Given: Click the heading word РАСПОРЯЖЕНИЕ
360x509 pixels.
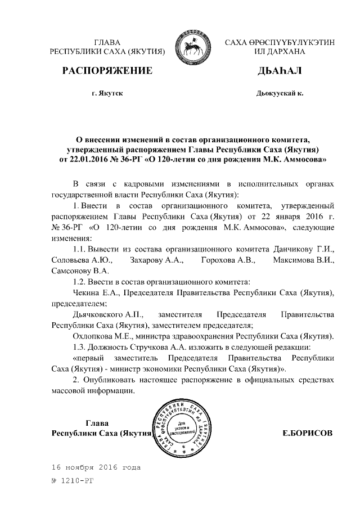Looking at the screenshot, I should [107, 71].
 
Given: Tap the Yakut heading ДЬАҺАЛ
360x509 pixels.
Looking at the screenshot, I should [279, 71].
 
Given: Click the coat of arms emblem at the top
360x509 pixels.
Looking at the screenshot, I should [195, 47].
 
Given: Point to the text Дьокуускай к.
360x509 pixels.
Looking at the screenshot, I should [280, 93].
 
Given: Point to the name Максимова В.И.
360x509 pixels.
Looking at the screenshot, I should [304, 260].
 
